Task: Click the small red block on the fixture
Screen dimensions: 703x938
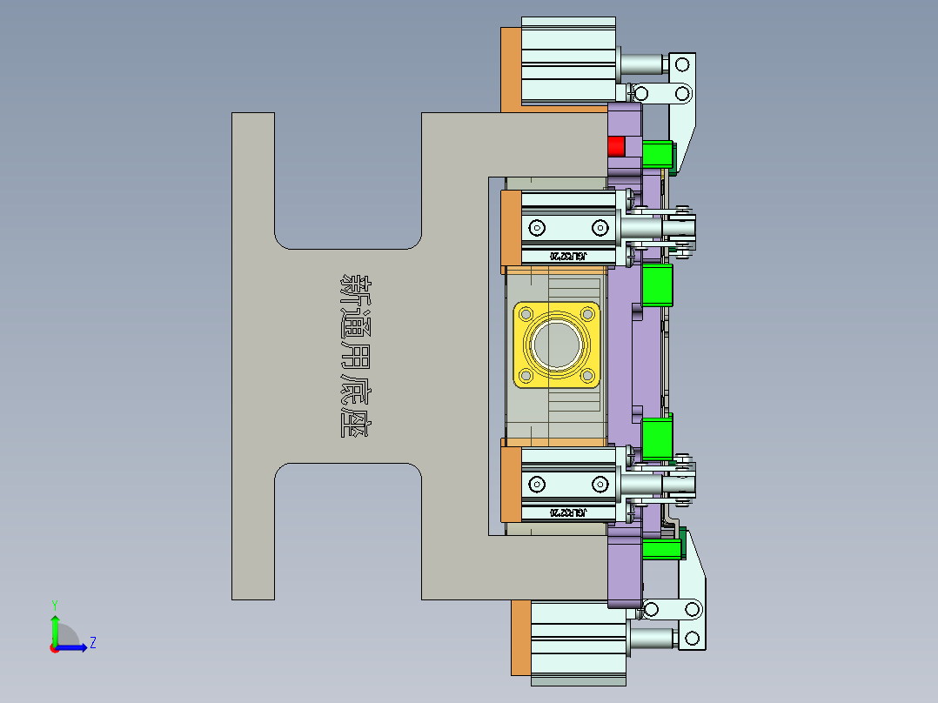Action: (x=616, y=145)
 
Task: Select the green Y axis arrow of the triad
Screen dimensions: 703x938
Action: (x=55, y=627)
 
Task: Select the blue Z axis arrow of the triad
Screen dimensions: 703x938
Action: (x=73, y=646)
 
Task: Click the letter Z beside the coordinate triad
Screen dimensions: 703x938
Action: (x=92, y=643)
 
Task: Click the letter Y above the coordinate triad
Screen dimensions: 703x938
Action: (x=54, y=604)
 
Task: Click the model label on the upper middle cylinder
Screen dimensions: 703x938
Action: (x=567, y=257)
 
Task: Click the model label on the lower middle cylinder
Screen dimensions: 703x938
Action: (x=567, y=512)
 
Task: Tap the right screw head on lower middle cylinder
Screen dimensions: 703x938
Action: (x=600, y=484)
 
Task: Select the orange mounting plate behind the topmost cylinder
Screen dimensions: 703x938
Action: (x=511, y=70)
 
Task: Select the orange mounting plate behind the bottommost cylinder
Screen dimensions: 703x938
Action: (x=520, y=637)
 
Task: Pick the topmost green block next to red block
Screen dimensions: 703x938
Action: (x=658, y=155)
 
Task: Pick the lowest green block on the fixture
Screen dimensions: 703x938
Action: (x=661, y=549)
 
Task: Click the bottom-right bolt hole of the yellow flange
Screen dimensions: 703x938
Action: (x=588, y=375)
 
